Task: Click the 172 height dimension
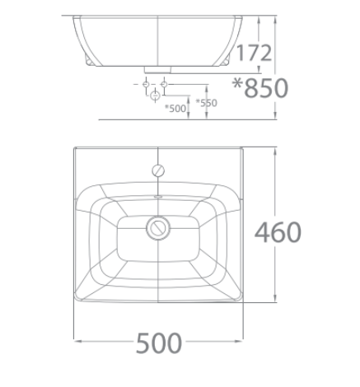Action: (x=254, y=54)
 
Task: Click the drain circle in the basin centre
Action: (x=157, y=226)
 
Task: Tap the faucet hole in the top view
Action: (x=157, y=170)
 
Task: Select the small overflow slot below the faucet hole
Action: (x=157, y=198)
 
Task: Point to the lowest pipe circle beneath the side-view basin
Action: (x=155, y=98)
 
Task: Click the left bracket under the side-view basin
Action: (x=89, y=60)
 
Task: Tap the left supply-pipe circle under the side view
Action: (x=146, y=84)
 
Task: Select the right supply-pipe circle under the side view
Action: (x=165, y=84)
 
